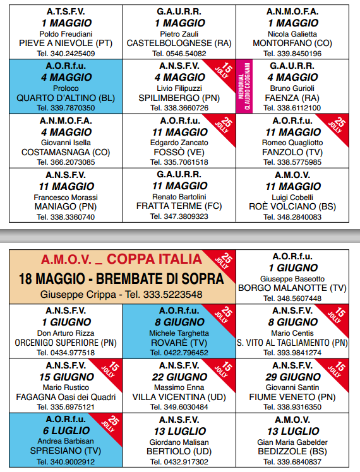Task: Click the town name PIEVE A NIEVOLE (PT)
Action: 66,44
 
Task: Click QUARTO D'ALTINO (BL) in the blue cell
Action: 66,98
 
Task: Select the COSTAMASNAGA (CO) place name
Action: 66,152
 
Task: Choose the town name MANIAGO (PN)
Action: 66,206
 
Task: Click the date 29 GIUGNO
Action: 292,377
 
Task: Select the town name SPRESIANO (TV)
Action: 66,451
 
